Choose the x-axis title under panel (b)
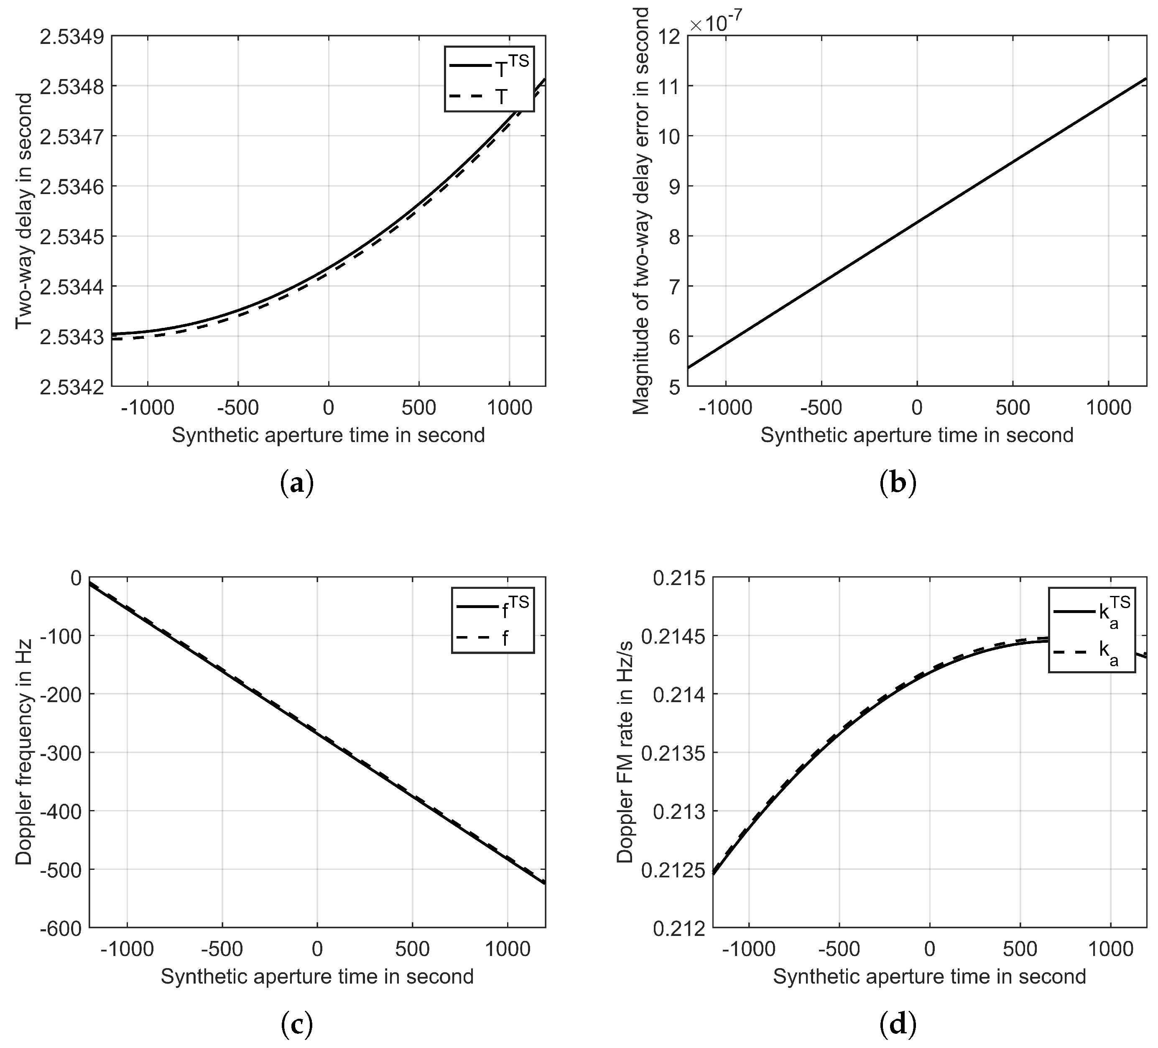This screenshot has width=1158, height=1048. pos(917,435)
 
